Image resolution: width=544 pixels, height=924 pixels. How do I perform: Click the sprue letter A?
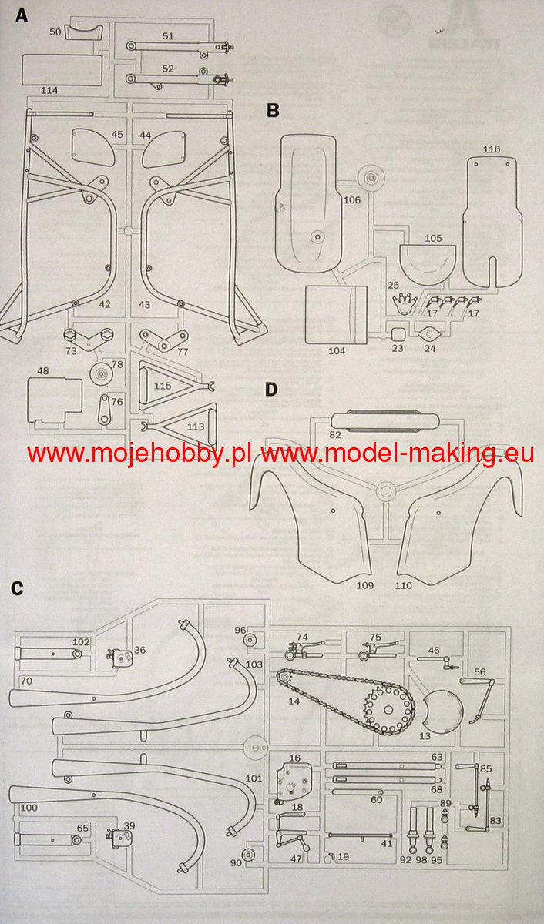point(21,14)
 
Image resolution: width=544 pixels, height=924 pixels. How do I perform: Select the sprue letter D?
point(271,389)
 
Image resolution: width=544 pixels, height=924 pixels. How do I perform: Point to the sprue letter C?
point(18,589)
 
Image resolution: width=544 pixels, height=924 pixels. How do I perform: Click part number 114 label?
point(49,91)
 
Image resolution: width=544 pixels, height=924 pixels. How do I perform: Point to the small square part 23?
point(398,335)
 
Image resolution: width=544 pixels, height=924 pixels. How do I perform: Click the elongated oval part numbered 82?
point(384,421)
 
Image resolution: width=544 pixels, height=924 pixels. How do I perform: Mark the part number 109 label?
point(364,586)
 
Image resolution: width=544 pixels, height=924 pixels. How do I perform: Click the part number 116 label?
point(492,149)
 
